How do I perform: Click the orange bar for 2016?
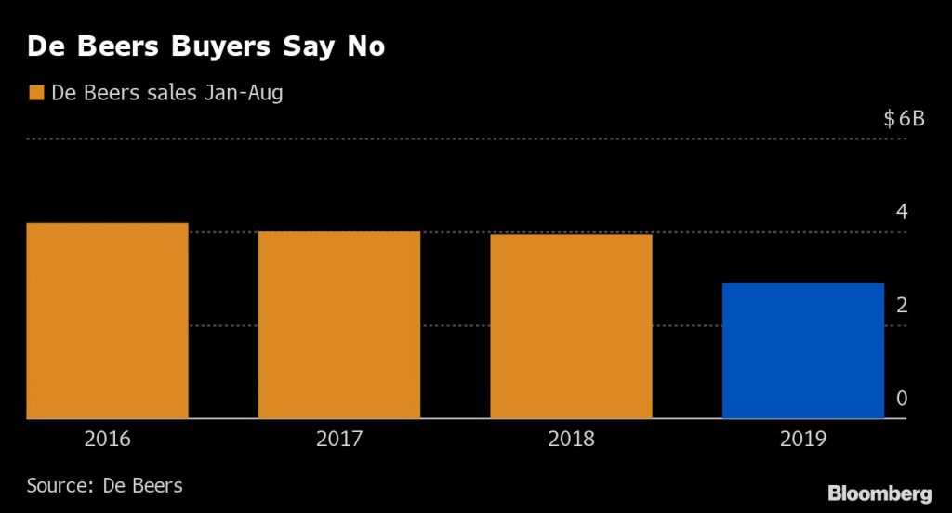(x=107, y=321)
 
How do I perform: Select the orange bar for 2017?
(x=339, y=325)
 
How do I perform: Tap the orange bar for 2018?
(x=571, y=327)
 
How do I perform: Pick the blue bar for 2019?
(x=802, y=350)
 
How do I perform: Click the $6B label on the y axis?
(x=905, y=119)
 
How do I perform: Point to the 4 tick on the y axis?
(x=901, y=212)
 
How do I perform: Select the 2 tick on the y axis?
(x=901, y=306)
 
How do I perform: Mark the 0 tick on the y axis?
(x=901, y=399)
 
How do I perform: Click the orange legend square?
(x=36, y=93)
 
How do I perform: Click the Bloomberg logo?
(x=879, y=493)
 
